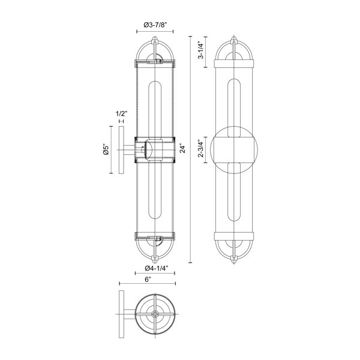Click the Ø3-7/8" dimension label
155,25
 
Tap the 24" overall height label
182,148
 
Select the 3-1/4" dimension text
201,51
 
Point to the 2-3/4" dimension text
201,148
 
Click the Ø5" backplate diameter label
106,149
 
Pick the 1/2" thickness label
121,113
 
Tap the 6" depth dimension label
148,280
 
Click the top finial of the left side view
155,38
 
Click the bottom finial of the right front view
234,260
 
